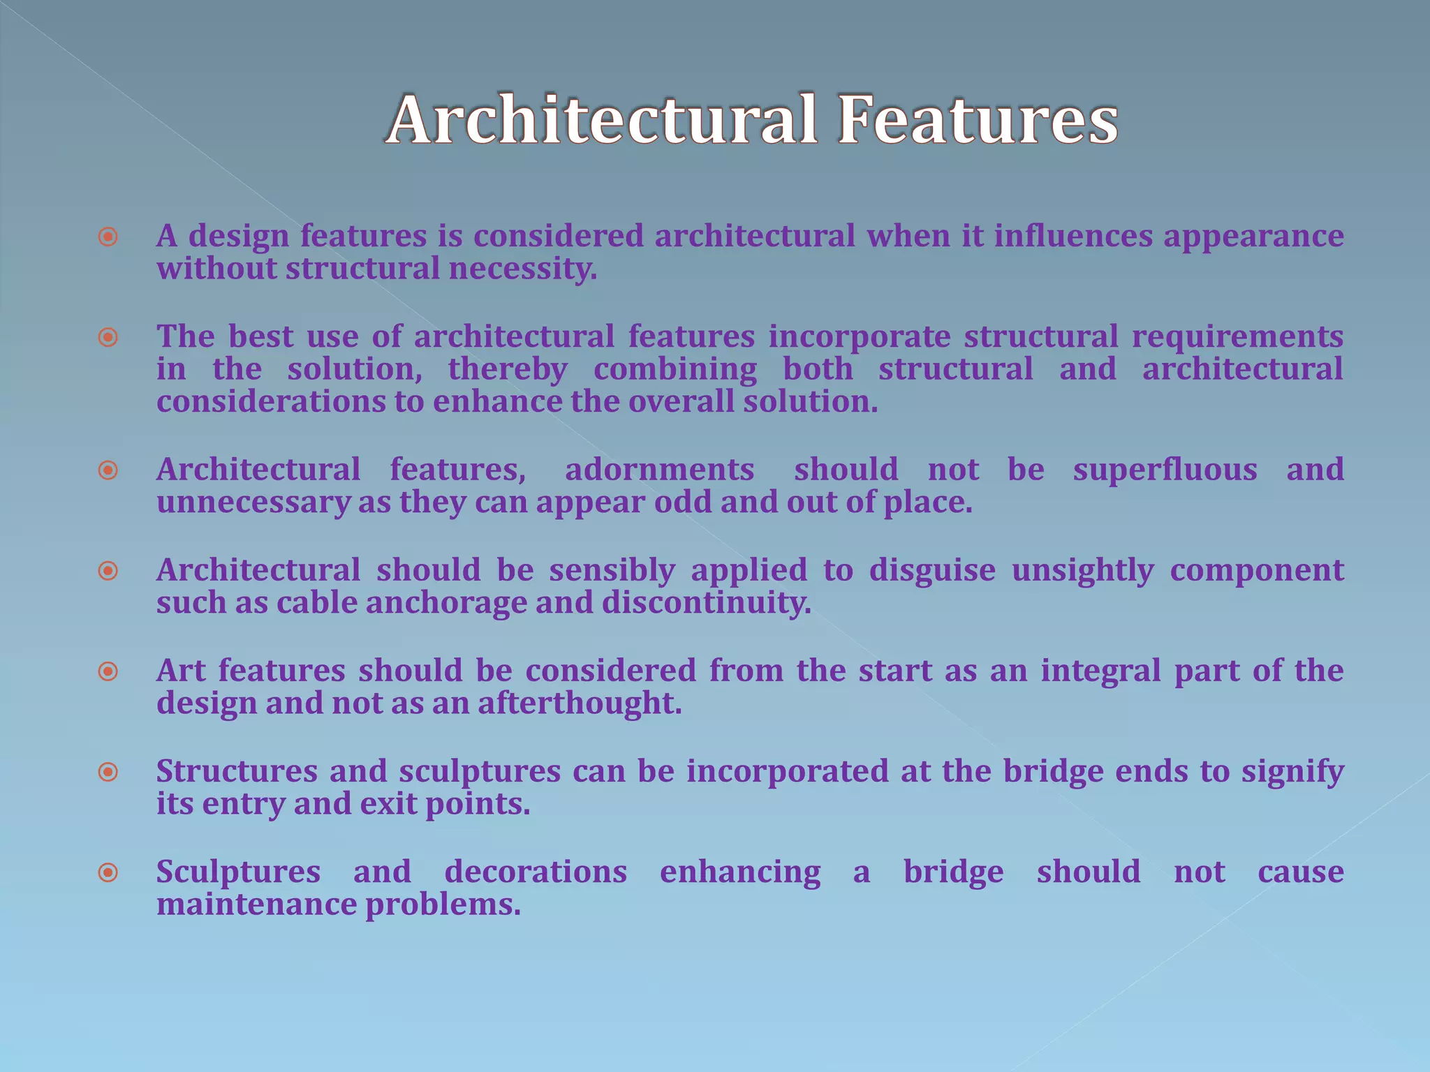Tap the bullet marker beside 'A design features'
coord(108,237)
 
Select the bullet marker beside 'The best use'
coord(108,338)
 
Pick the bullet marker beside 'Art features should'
coord(108,672)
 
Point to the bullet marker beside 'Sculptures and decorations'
coord(108,872)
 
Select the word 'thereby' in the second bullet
coord(508,370)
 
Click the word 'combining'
coord(675,370)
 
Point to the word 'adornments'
coord(659,470)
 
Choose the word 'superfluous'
coord(1165,470)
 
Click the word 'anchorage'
coord(446,603)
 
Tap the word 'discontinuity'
coord(706,603)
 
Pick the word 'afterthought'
coord(579,703)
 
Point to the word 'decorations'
coord(536,872)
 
